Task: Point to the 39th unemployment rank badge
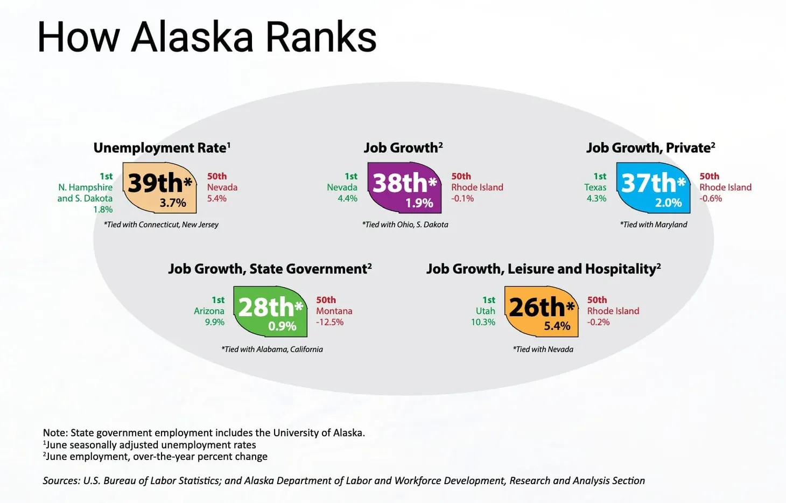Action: (160, 188)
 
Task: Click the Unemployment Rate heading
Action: (162, 148)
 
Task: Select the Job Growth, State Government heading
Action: (270, 269)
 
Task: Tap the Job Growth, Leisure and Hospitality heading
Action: (543, 269)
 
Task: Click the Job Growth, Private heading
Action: (650, 148)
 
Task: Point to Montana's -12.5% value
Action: (329, 322)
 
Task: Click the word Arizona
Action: (209, 311)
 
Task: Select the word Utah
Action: (485, 311)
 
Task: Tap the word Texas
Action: (595, 187)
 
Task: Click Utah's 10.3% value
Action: (483, 322)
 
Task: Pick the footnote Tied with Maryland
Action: (654, 225)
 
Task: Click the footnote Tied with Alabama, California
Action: (272, 349)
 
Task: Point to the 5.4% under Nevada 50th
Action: (217, 199)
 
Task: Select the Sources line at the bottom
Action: (343, 480)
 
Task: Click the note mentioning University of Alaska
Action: (204, 432)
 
